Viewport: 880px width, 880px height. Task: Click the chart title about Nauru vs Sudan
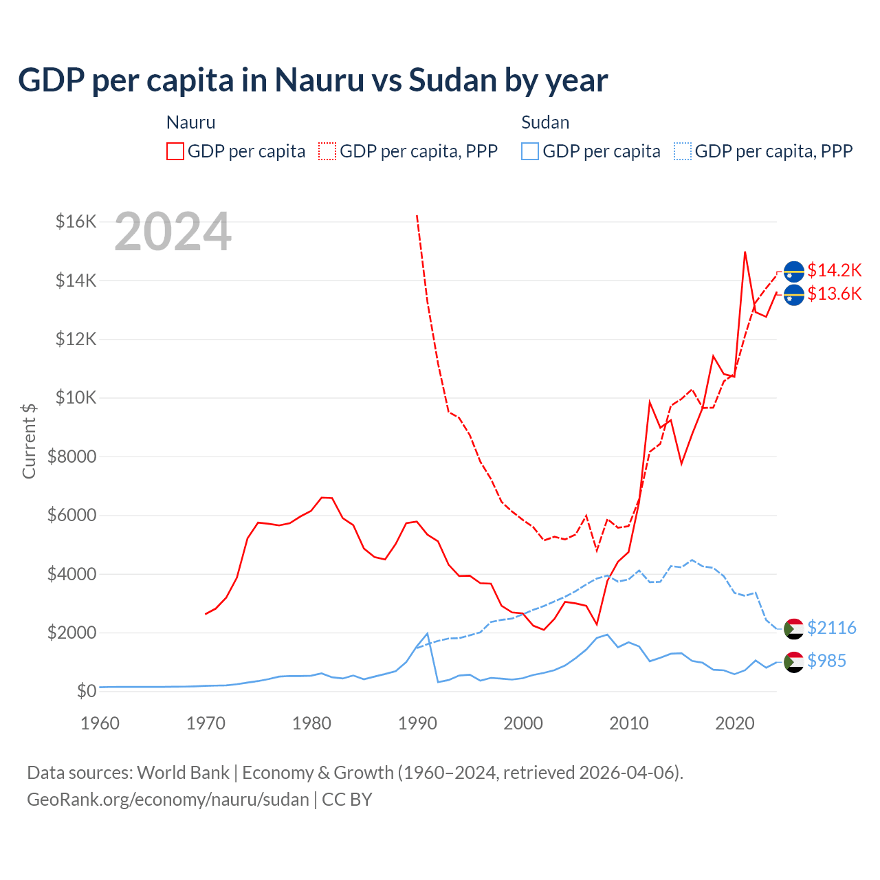click(x=313, y=80)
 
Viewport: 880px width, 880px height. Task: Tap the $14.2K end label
click(x=834, y=270)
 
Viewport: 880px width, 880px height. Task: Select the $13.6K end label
click(x=834, y=294)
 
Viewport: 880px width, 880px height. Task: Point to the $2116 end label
click(x=831, y=628)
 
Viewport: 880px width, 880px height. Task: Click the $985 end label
click(x=826, y=661)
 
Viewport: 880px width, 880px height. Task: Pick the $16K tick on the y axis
click(x=76, y=221)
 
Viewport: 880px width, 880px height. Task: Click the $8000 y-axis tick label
click(x=71, y=456)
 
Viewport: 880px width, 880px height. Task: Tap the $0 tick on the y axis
click(x=86, y=691)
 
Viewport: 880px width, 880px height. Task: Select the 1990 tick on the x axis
click(x=417, y=723)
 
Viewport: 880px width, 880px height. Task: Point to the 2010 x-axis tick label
click(x=629, y=723)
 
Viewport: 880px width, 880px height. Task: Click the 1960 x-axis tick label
click(x=100, y=723)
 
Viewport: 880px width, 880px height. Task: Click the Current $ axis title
click(x=29, y=441)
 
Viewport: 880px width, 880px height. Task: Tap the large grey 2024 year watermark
click(x=173, y=232)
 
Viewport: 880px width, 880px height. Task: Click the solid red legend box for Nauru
click(x=175, y=151)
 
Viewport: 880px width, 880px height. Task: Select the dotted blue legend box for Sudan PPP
click(x=683, y=151)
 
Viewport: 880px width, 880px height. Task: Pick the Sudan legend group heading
click(x=545, y=122)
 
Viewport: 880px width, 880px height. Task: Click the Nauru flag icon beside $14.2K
click(x=794, y=272)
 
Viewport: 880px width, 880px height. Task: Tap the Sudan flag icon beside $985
click(x=794, y=661)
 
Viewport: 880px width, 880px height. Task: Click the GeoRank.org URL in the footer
click(x=168, y=800)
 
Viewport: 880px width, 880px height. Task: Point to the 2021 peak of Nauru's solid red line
click(x=745, y=252)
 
